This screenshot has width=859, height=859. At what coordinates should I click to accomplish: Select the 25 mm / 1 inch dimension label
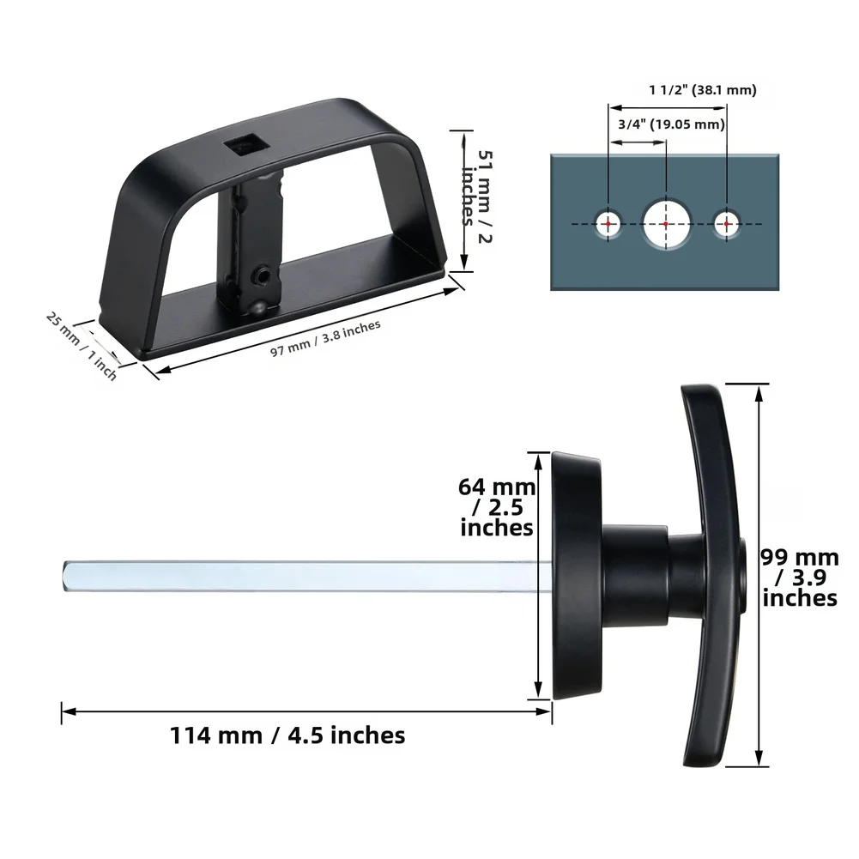point(82,346)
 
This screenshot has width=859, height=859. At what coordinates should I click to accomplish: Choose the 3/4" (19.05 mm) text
point(671,124)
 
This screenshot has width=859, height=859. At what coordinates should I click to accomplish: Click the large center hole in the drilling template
point(667,224)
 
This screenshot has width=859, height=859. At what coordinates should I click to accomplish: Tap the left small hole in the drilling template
point(608,224)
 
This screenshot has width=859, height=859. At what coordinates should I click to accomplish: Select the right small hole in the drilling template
point(726,224)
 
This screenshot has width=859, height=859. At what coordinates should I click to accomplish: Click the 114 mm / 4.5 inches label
point(287,735)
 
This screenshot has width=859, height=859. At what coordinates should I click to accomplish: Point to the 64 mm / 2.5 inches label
point(497,506)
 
